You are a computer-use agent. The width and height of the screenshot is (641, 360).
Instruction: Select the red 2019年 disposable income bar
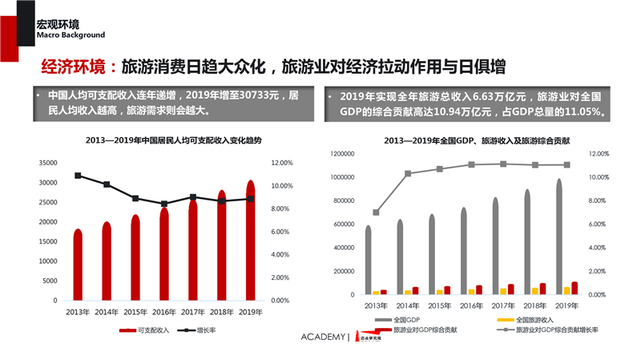pos(250,241)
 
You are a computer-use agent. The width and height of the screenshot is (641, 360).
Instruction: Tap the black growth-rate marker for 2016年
pos(164,204)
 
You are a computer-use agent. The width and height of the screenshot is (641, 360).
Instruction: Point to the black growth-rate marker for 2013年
pos(78,176)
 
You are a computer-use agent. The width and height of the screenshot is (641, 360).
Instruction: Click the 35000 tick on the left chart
pos(46,162)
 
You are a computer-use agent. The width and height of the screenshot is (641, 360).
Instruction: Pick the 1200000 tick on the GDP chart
pos(337,153)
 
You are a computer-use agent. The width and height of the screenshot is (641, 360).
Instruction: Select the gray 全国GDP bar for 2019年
pos(559,237)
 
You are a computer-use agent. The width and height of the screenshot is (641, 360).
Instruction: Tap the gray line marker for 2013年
pos(377,212)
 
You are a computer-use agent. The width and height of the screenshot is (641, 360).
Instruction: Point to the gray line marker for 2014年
pos(408,173)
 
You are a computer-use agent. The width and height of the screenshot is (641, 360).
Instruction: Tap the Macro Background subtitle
pos(71,35)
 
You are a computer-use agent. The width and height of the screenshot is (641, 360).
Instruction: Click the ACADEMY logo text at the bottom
pos(324,336)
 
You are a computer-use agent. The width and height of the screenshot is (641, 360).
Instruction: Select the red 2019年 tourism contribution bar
pos(574,288)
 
